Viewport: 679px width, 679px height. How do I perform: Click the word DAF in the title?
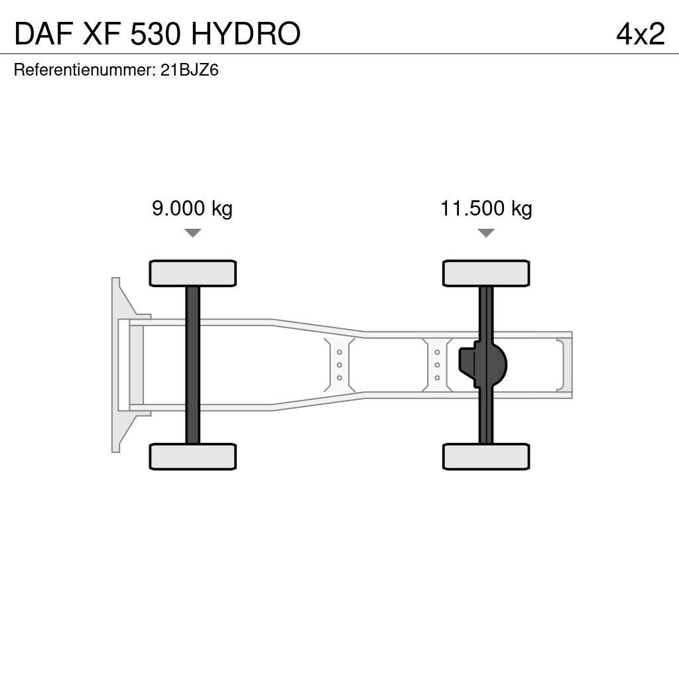pos(43,34)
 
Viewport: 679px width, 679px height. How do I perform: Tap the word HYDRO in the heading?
pos(245,34)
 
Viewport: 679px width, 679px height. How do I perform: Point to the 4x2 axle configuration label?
pos(641,34)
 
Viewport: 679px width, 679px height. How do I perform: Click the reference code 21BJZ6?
pos(190,70)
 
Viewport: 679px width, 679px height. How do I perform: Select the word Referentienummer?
pos(85,70)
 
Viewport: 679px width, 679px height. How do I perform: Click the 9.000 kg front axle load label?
pos(192,208)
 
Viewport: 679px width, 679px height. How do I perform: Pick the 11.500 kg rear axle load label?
pos(486,208)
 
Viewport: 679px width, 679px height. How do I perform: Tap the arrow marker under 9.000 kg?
pos(193,233)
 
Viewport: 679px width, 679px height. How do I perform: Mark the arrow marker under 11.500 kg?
pos(486,233)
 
